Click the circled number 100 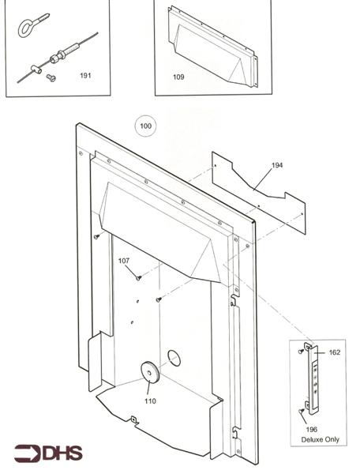pos(145,126)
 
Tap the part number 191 pos(85,76)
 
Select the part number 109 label pos(178,77)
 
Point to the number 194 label pos(276,165)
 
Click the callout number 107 pos(124,261)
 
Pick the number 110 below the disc pos(150,401)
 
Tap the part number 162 pos(334,352)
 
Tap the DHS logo pos(45,453)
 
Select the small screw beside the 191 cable pos(51,77)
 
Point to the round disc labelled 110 pos(148,374)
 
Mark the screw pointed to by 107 pos(138,277)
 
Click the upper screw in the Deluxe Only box pos(302,349)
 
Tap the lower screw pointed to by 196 pos(303,410)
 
